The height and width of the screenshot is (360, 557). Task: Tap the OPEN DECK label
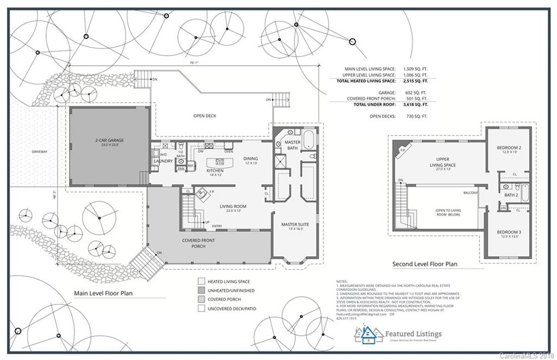coord(205,116)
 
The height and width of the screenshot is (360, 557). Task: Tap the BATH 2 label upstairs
coord(510,195)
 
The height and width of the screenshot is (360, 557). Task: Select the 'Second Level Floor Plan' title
coord(425,264)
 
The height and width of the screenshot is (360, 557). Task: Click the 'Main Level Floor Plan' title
coord(103,293)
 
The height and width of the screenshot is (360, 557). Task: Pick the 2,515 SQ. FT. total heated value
coord(415,80)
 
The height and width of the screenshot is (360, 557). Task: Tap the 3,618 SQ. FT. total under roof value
coord(415,104)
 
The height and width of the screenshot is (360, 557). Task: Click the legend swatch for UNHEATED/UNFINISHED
coord(201,291)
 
